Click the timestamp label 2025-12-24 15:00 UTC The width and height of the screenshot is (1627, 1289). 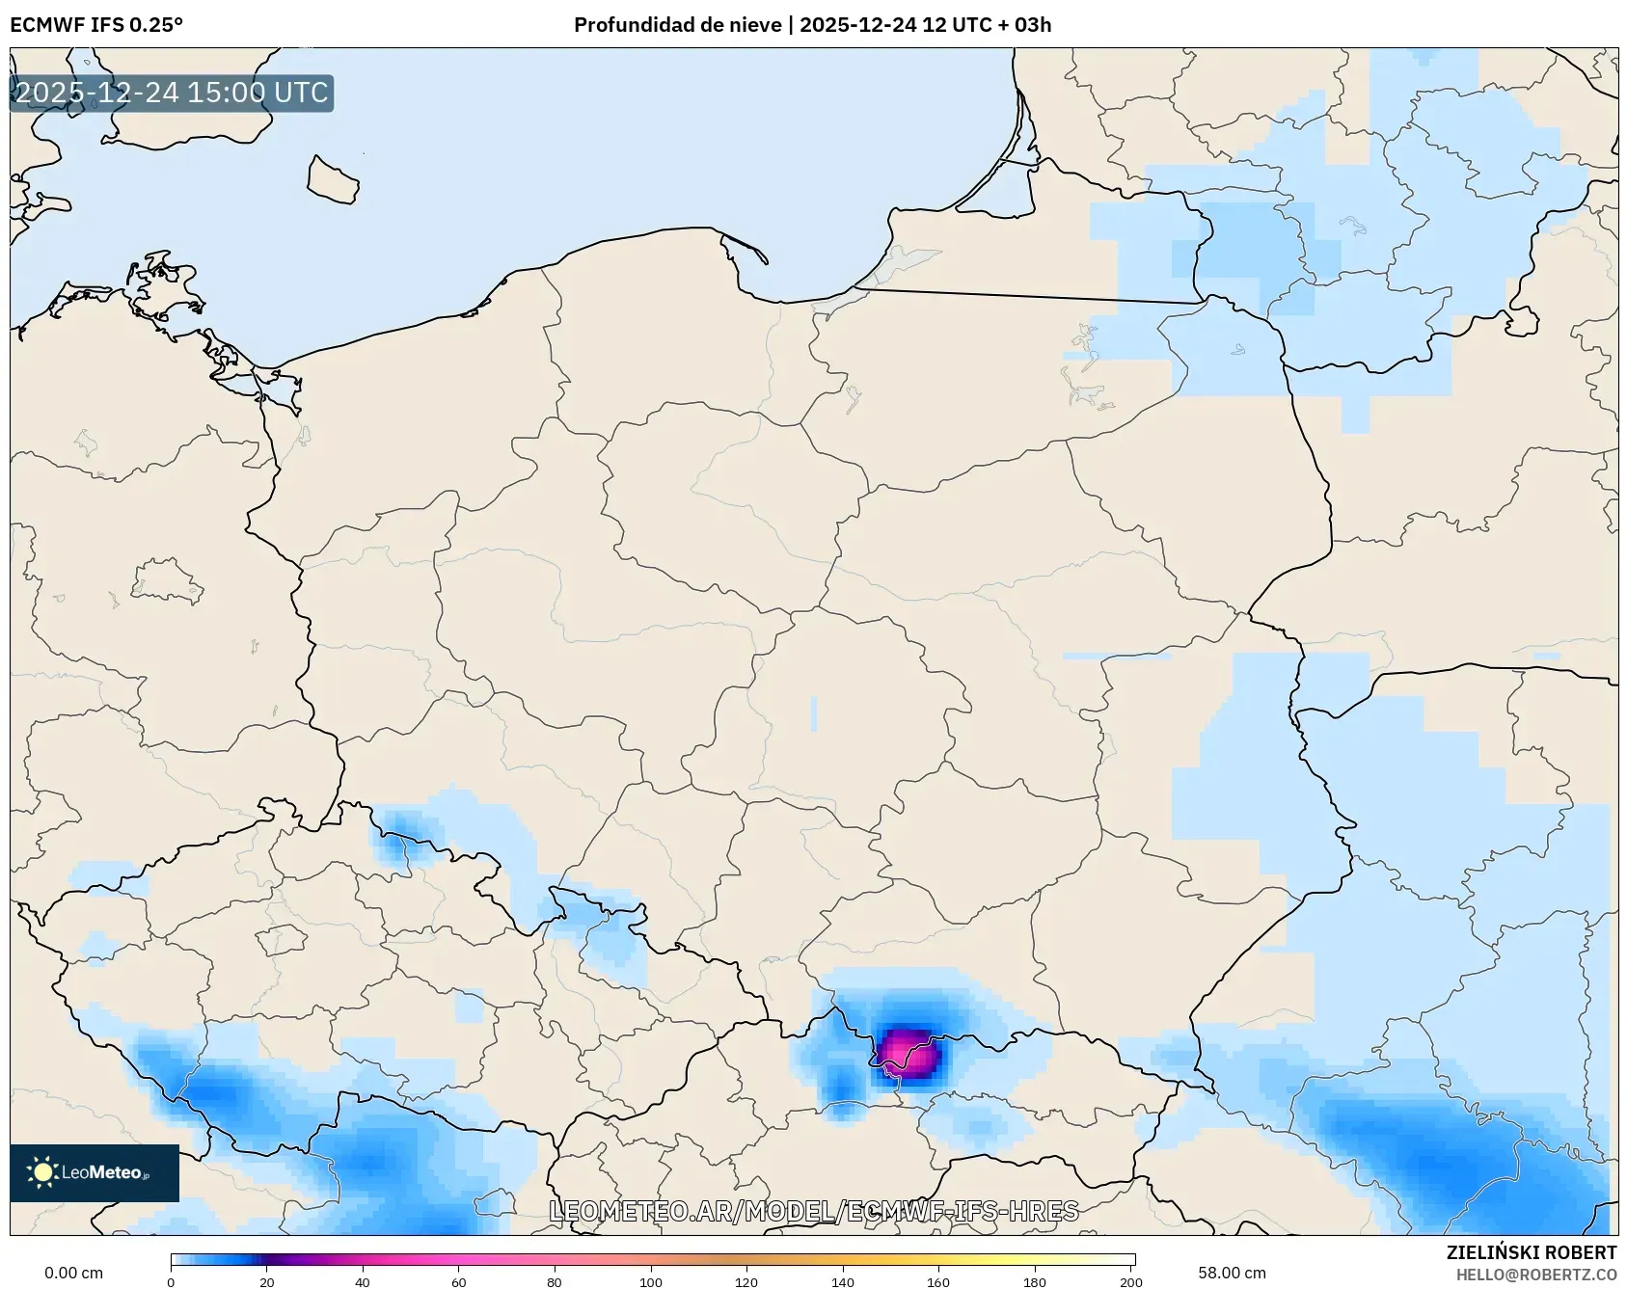[x=172, y=93]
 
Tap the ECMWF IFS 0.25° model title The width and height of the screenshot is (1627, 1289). [x=96, y=25]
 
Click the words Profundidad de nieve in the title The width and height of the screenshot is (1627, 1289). [x=677, y=25]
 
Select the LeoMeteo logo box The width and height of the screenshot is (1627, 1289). [x=95, y=1172]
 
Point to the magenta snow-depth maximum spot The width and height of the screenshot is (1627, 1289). [x=908, y=1053]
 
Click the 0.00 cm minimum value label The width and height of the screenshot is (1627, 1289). [x=73, y=1273]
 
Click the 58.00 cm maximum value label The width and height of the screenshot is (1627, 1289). [x=1232, y=1273]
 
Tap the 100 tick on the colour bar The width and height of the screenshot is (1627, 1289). [x=651, y=1281]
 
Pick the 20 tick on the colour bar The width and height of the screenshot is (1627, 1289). [x=267, y=1281]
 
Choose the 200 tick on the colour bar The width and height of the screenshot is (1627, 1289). [x=1131, y=1281]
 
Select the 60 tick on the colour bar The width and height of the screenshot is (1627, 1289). [x=459, y=1281]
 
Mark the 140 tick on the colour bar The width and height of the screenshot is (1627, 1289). [x=843, y=1281]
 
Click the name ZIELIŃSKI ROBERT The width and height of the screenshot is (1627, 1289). [x=1532, y=1252]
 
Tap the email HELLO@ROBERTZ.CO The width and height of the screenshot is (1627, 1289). [x=1536, y=1275]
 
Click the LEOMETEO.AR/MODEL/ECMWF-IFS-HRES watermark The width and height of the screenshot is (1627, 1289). [x=813, y=1211]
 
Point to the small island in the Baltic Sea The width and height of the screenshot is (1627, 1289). [x=333, y=180]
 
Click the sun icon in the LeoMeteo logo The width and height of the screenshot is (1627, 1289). [x=42, y=1172]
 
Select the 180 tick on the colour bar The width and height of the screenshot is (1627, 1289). [x=1035, y=1281]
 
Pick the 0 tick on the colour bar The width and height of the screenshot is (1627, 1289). [x=171, y=1281]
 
